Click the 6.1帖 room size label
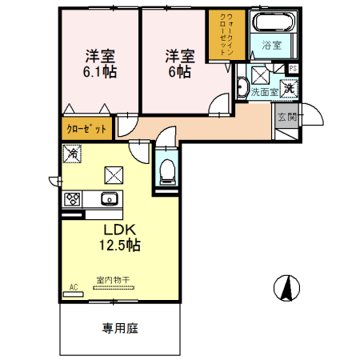pyautogui.click(x=101, y=71)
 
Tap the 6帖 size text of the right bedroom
pyautogui.click(x=180, y=71)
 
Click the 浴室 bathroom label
pyautogui.click(x=272, y=46)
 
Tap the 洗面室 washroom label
pyautogui.click(x=264, y=93)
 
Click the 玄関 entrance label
pyautogui.click(x=286, y=117)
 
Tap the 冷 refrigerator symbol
pyautogui.click(x=72, y=152)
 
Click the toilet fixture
pyautogui.click(x=166, y=170)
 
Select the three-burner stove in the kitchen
pyautogui.click(x=70, y=198)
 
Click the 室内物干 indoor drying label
pyautogui.click(x=112, y=280)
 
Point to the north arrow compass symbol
pyautogui.click(x=285, y=286)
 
